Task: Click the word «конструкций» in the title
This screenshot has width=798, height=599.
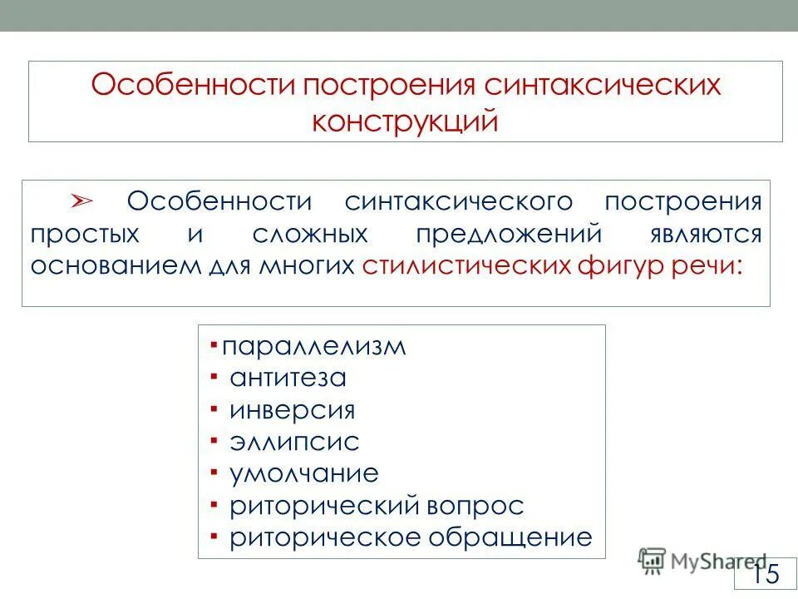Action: (x=406, y=121)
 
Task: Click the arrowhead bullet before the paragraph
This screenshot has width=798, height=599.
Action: (x=82, y=202)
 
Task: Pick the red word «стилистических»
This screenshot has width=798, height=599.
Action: (x=466, y=265)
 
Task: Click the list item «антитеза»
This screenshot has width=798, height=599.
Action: (x=288, y=379)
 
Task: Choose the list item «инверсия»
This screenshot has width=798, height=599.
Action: (x=293, y=410)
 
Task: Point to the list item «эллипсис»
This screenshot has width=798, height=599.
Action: (x=294, y=442)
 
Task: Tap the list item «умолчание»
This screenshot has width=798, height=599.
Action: (x=304, y=473)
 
